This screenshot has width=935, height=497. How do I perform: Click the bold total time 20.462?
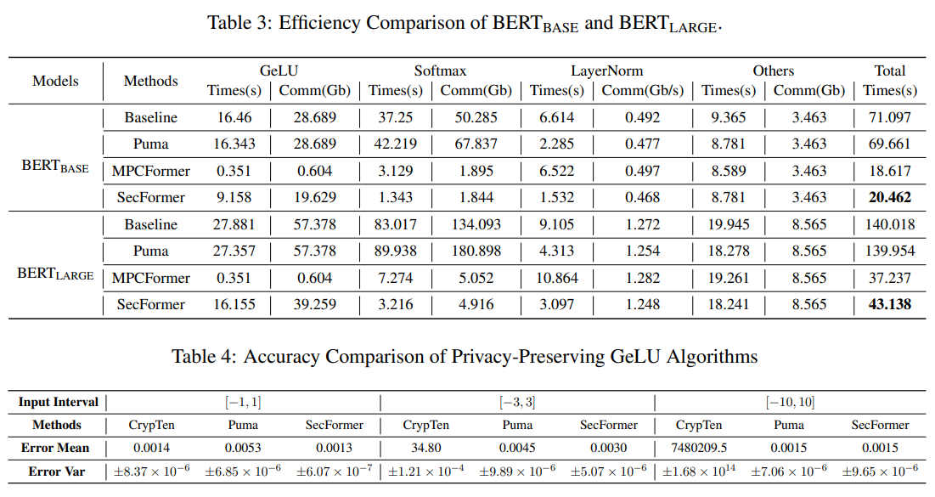click(890, 197)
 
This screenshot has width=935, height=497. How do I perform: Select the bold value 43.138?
click(890, 304)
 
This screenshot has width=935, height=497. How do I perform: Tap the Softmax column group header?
click(440, 71)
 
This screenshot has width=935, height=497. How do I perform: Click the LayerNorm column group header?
click(607, 71)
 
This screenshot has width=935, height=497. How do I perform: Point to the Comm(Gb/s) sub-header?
click(642, 91)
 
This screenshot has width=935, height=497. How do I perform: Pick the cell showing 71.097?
click(890, 117)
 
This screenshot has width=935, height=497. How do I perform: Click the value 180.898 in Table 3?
click(476, 251)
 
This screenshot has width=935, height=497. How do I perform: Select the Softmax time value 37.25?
click(396, 117)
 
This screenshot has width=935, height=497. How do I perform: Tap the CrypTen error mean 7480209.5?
click(699, 448)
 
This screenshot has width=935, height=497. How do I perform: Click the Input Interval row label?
click(58, 402)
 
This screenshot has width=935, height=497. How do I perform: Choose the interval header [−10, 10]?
click(790, 402)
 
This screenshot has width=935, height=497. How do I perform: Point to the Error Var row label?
click(57, 472)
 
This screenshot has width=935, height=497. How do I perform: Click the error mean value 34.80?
click(425, 448)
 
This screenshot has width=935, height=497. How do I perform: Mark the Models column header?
click(55, 82)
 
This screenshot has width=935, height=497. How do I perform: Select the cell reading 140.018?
click(890, 224)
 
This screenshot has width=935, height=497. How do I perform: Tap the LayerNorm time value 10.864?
click(557, 278)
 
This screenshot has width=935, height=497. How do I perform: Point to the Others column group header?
click(774, 71)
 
